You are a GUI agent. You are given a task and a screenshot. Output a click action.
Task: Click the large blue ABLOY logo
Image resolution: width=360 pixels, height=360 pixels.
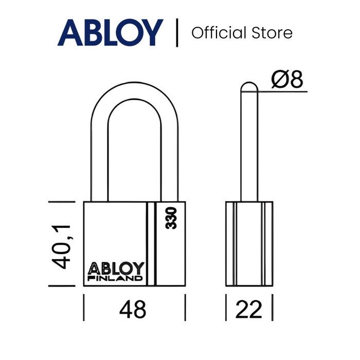(111, 32)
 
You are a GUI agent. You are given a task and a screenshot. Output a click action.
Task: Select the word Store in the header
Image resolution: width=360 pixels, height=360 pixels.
(272, 33)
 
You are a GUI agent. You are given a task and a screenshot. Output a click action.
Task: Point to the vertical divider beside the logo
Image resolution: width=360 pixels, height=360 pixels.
(177, 32)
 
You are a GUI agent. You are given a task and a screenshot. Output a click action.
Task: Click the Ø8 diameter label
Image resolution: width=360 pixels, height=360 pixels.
(287, 79)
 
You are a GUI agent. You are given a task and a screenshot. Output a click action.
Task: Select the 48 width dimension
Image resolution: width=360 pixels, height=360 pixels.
(133, 309)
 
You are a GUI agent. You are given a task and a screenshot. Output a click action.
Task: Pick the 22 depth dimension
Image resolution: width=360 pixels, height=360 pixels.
(248, 309)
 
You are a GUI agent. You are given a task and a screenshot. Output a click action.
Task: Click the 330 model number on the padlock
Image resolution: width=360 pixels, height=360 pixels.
(171, 218)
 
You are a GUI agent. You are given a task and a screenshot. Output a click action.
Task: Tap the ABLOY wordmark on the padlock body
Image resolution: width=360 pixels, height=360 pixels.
(116, 268)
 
